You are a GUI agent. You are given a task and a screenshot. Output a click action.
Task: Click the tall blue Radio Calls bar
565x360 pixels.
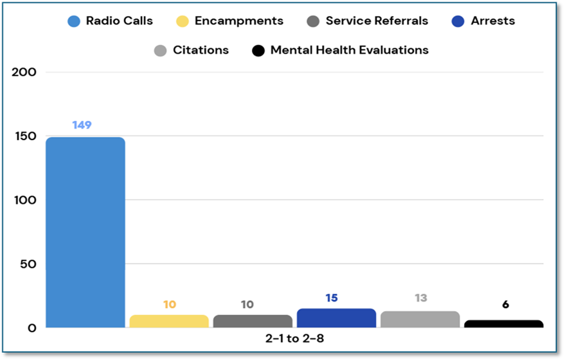[85, 231]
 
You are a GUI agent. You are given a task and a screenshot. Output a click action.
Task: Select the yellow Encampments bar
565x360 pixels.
[169, 321]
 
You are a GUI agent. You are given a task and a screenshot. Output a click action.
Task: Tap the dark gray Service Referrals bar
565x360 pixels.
[253, 321]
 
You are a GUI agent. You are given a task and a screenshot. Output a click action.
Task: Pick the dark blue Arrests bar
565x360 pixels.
[336, 318]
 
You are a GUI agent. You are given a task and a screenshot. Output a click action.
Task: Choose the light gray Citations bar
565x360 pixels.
[420, 319]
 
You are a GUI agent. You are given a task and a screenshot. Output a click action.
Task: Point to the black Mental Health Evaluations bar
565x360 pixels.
[504, 323]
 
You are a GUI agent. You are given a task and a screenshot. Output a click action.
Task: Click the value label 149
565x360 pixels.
[82, 125]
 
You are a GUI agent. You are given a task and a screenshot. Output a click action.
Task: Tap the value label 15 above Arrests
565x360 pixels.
[331, 298]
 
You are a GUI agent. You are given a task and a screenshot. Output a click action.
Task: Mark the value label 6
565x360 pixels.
[505, 304]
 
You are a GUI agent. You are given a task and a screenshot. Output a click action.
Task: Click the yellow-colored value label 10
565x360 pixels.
[170, 304]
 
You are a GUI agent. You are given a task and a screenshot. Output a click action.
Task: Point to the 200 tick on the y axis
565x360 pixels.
[24, 73]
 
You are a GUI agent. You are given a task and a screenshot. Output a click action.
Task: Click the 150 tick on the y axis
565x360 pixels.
[24, 136]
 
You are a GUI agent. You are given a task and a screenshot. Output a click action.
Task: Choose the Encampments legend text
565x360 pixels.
[238, 21]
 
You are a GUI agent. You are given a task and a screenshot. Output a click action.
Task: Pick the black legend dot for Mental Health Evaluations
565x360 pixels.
[258, 50]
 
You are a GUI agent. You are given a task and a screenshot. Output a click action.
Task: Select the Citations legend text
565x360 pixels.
[201, 50]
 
